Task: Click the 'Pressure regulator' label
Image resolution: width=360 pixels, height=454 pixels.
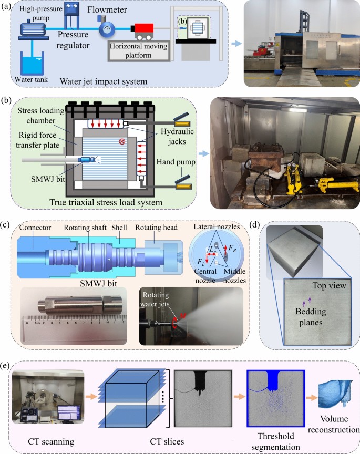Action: point(73,39)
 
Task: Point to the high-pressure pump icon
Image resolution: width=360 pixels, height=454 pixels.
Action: point(33,29)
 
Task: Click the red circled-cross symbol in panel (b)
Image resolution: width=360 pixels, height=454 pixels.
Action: point(122,141)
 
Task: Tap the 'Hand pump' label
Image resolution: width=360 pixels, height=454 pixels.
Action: point(176,161)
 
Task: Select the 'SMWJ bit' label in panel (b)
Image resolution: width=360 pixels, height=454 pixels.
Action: point(48,179)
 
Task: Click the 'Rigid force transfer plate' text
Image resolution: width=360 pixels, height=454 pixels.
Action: point(38,140)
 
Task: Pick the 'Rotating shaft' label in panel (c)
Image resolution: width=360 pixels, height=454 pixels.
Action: point(85,228)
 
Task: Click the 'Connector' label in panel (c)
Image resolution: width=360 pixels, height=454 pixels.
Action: point(35,228)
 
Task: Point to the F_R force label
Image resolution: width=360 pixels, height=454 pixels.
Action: point(232,248)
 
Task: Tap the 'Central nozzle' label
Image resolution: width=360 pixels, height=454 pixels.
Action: point(205,276)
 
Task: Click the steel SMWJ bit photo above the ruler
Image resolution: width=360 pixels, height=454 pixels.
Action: point(80,305)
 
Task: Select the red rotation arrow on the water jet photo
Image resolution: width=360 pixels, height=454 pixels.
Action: point(176,323)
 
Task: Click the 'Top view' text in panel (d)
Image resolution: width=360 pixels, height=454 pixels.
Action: point(330,286)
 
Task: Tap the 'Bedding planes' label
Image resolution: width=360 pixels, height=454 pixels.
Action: point(311,317)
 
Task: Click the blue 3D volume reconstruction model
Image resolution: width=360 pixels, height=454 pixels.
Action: point(335,393)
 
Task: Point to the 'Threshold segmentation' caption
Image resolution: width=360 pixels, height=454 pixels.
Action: point(275,441)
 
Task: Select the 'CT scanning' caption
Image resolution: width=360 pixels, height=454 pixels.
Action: point(51,441)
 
